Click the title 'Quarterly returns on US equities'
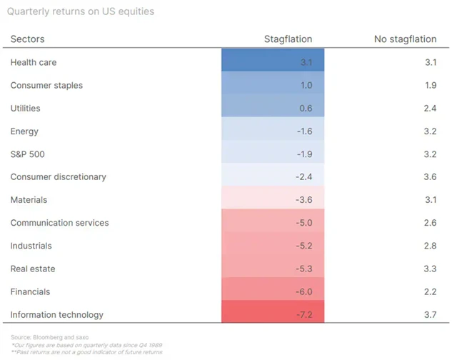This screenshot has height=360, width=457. (x=83, y=11)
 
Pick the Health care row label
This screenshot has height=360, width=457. (x=34, y=62)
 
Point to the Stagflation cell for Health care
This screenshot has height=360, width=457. (x=273, y=62)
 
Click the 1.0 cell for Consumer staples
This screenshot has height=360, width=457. (x=273, y=85)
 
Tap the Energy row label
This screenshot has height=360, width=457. (x=24, y=131)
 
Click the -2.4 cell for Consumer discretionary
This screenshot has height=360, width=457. (x=273, y=177)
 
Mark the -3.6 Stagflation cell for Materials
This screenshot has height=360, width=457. (x=273, y=200)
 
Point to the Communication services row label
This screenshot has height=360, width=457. (x=59, y=223)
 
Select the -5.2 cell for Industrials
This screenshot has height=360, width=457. (x=273, y=246)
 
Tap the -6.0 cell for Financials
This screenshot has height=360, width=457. (x=273, y=291)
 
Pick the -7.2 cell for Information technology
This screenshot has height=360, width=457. (x=273, y=314)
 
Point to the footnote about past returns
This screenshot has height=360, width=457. (x=86, y=351)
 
